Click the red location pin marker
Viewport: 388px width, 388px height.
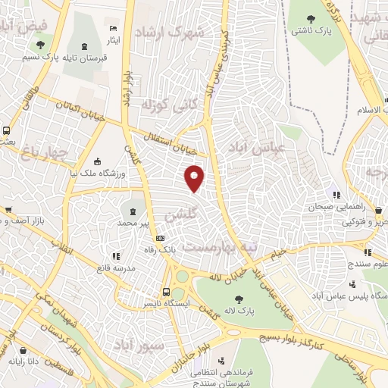tap(195, 177)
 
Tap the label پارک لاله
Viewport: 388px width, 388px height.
tap(239, 310)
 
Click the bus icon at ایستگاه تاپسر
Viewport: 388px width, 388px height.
tap(166, 291)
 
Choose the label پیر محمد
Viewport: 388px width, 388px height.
tap(135, 224)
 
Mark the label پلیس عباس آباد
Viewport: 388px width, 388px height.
tap(346, 296)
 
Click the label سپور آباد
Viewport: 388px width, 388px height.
tap(138, 346)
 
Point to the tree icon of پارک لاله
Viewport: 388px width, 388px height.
tap(239, 298)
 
